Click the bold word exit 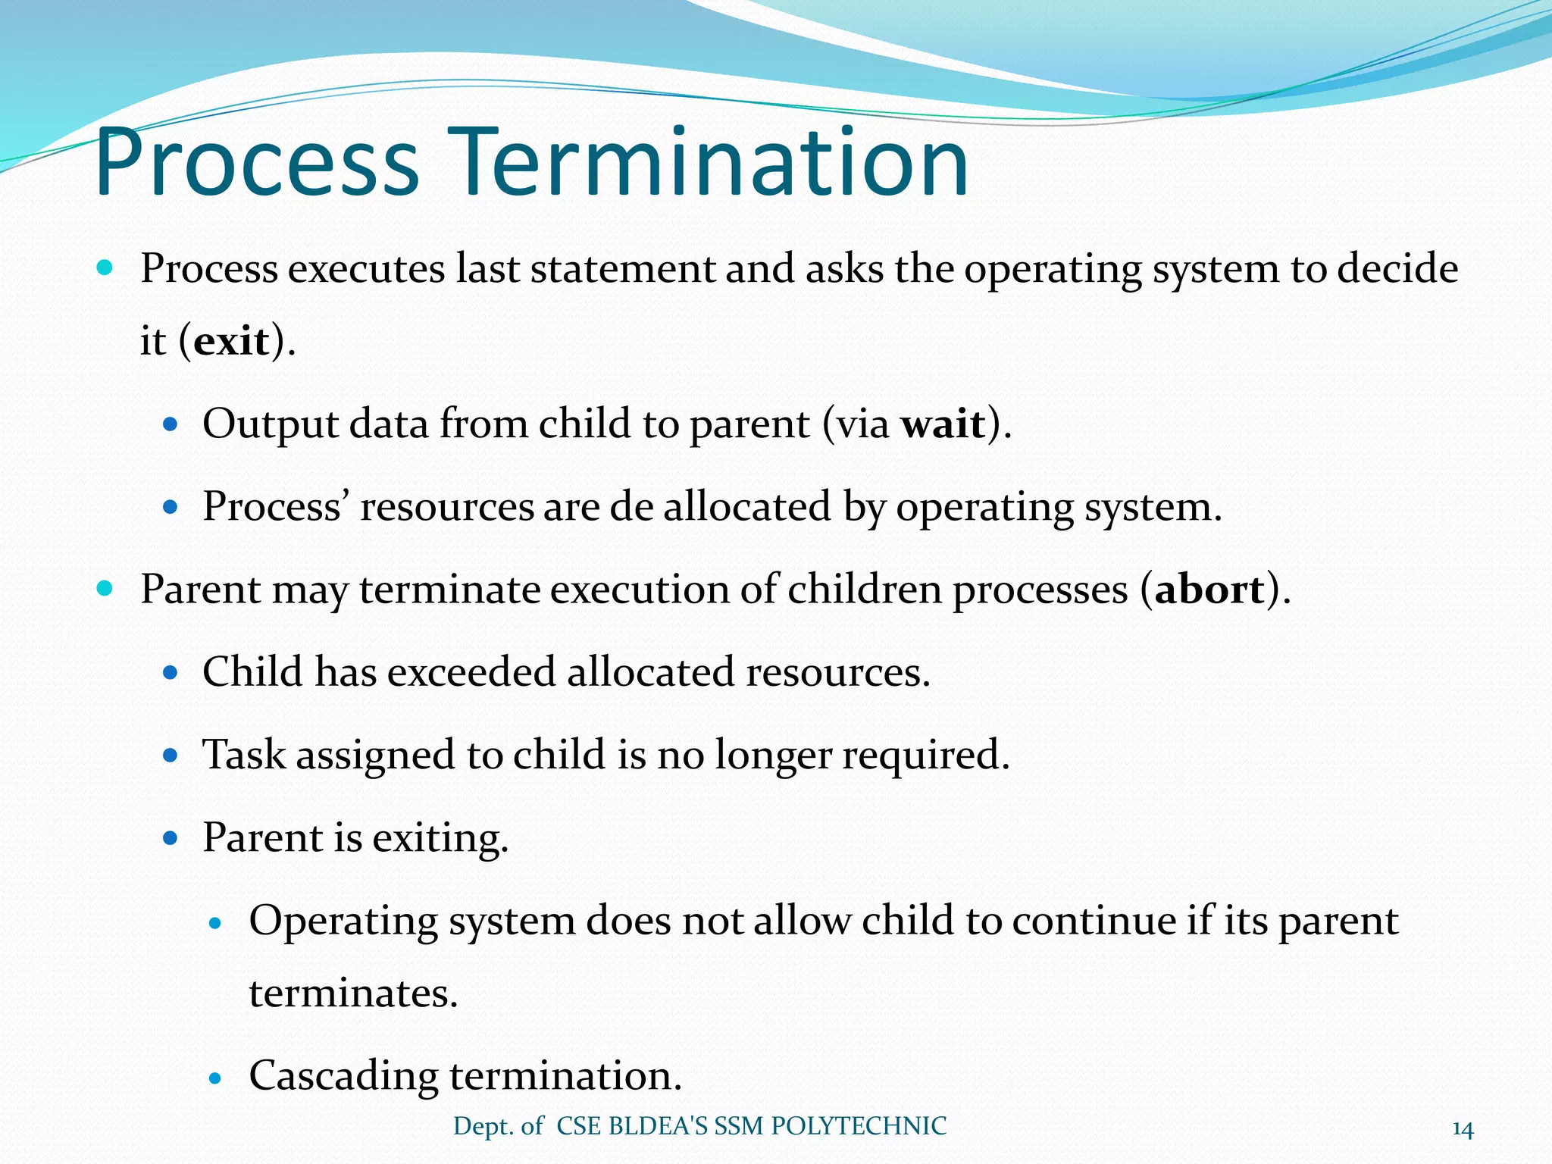pyautogui.click(x=231, y=341)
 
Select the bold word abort pyautogui.click(x=1209, y=590)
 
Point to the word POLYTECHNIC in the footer pyautogui.click(x=859, y=1126)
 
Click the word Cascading pyautogui.click(x=343, y=1076)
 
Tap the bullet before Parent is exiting pyautogui.click(x=171, y=838)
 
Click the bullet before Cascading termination pyautogui.click(x=217, y=1078)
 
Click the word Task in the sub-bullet pyautogui.click(x=244, y=755)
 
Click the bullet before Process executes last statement pyautogui.click(x=105, y=268)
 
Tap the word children pyautogui.click(x=864, y=589)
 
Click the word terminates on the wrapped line pyautogui.click(x=353, y=993)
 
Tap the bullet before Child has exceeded pyautogui.click(x=171, y=672)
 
